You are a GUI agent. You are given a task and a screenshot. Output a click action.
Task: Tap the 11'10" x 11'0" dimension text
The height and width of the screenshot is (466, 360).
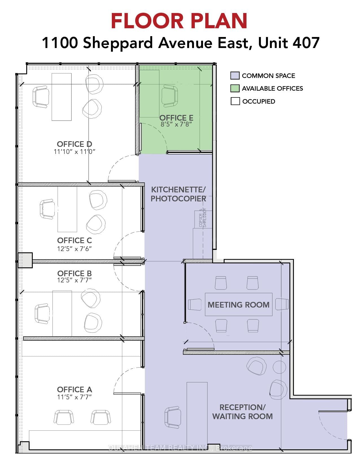pos(75,152)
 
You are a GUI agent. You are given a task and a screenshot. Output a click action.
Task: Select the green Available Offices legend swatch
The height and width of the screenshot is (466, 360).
pos(235,88)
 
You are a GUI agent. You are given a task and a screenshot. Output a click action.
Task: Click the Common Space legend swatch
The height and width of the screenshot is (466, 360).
pos(235,76)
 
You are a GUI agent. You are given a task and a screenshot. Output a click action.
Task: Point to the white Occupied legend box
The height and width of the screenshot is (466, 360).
pos(235,101)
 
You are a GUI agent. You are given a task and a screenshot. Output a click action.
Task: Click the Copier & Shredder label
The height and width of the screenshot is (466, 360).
pos(203,218)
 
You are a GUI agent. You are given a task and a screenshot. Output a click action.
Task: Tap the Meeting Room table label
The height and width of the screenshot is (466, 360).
pos(238,305)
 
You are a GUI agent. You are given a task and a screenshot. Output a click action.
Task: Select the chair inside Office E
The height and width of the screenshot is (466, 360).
pos(170,97)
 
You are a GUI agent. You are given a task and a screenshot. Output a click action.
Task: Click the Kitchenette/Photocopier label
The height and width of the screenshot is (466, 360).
pos(178,194)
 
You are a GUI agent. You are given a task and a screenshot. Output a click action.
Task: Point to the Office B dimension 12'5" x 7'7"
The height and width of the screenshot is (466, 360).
pos(75,280)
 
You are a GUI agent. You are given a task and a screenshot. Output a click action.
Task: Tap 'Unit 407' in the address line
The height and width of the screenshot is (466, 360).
pos(289,43)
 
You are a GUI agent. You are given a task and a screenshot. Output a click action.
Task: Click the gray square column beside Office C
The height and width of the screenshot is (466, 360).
pos(25,260)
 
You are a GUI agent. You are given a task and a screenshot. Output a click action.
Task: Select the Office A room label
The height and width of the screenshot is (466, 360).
pos(75,390)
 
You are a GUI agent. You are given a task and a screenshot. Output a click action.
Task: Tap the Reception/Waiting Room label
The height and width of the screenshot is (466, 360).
pos(242,412)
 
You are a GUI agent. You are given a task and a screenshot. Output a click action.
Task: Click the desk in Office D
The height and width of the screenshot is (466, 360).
pos(62,97)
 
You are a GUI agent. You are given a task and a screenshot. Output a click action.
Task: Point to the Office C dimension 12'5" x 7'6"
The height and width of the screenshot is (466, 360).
pos(75,249)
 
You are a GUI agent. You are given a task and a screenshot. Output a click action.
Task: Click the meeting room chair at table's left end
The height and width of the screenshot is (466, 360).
pos(195,304)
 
